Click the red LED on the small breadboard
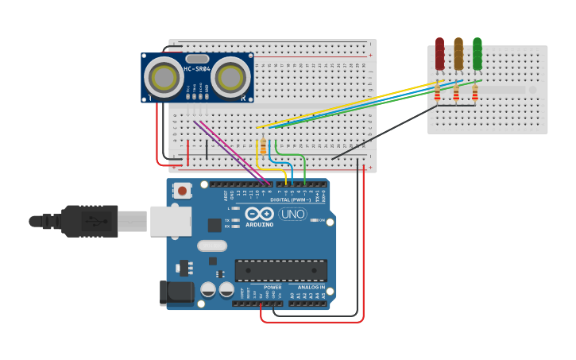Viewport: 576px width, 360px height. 439,53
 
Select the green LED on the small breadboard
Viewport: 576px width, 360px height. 477,53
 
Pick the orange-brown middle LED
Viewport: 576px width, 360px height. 458,53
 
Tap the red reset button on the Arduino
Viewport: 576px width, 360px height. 184,191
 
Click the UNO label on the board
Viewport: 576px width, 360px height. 292,214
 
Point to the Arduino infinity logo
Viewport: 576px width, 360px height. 259,214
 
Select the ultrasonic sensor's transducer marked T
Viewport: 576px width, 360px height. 164,77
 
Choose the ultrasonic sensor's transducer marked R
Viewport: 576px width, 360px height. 230,77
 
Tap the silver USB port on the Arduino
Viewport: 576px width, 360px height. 170,221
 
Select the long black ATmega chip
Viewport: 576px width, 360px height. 280,270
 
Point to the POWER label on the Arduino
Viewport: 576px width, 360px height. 273,287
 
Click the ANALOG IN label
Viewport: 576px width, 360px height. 311,287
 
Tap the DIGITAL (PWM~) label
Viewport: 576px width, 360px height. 290,199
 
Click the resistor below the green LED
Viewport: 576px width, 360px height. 475,95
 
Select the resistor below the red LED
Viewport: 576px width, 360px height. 437,95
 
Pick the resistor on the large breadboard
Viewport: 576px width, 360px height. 263,145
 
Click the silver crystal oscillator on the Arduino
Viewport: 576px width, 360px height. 212,246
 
